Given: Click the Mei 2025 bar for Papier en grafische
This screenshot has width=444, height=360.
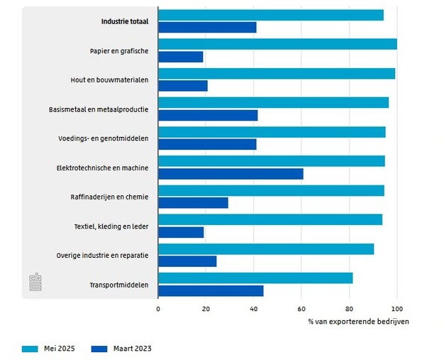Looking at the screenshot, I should tap(277, 44).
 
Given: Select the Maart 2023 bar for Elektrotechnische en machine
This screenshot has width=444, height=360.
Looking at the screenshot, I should tap(231, 174).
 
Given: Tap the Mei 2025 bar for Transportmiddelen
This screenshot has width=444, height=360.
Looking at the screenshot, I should tap(255, 278).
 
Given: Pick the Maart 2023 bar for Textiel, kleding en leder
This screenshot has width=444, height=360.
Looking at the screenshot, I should tap(181, 232).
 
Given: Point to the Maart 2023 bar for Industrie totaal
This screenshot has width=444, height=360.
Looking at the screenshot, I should tap(207, 28).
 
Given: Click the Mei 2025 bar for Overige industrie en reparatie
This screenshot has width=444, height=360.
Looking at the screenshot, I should tap(266, 249).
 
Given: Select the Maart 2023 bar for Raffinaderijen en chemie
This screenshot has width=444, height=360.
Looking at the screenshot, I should tap(193, 203).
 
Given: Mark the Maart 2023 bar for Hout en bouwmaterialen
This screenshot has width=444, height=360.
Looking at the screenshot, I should tap(183, 86).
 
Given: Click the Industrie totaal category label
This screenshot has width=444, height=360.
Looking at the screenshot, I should tap(125, 21).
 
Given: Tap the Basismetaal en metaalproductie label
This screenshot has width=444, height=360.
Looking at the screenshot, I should tap(99, 109).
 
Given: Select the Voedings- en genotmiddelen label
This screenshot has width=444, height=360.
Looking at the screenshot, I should tap(104, 138).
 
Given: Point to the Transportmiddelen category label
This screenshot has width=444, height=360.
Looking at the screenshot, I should tap(119, 285).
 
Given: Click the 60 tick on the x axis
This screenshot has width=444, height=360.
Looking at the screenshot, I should tap(301, 309).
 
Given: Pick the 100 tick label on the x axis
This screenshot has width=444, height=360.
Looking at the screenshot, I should tap(396, 309).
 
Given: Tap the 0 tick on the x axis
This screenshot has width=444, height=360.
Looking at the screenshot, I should tap(158, 309).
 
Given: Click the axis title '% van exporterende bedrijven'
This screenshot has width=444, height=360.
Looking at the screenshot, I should tap(358, 321).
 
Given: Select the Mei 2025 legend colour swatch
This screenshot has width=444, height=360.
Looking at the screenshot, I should tap(30, 349).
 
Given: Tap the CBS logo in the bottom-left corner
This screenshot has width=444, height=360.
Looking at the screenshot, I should tap(35, 281).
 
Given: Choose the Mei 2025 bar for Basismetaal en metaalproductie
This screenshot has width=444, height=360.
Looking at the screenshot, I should tap(273, 102).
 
